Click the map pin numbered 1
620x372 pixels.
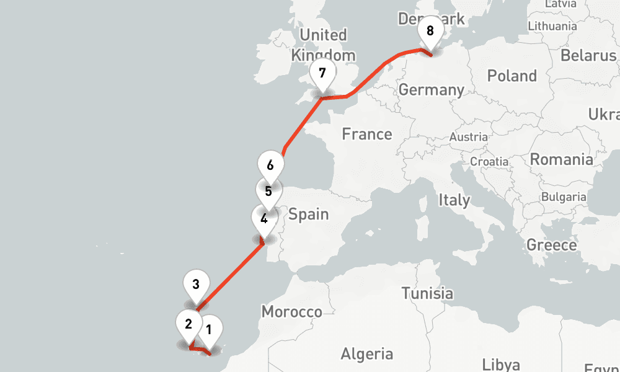pos(208,330)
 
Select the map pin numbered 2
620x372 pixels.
pos(188,323)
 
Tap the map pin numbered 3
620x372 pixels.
pos(196,285)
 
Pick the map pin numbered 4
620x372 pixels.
pos(264,219)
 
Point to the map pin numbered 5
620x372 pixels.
pos(268,192)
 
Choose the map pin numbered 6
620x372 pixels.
pos(270,166)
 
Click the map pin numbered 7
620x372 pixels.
pos(322,73)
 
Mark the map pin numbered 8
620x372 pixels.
pos(430,31)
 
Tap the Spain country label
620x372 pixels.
pos(308,215)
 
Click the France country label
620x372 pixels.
pos(367,134)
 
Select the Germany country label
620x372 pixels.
pos(431,90)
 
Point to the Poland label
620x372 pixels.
pos(511,76)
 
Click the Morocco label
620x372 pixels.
pos(291,311)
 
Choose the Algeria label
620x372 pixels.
pos(366,354)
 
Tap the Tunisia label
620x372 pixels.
pos(427,293)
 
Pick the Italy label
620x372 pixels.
pos(454,200)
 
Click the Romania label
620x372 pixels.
pos(560,159)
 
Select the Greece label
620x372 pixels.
pos(551,245)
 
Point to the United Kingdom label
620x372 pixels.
pos(323,45)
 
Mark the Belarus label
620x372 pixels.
pos(588,55)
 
